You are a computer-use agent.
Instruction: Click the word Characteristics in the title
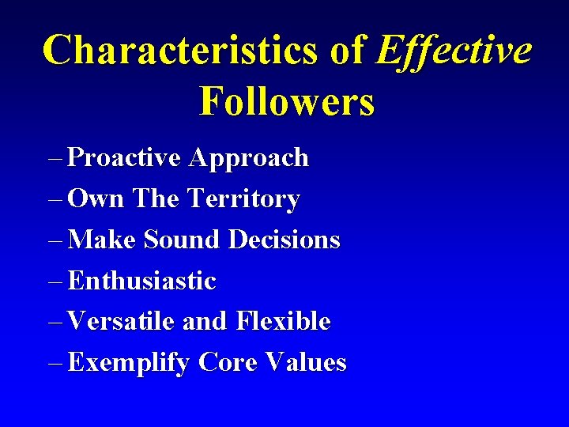coord(181,51)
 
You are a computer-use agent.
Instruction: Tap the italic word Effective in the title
coord(454,51)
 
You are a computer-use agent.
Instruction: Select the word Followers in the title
coord(287,101)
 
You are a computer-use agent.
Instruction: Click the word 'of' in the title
coord(348,51)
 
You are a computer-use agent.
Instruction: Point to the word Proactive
coord(125,157)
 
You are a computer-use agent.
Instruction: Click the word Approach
coord(249,158)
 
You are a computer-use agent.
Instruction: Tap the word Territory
coord(243,199)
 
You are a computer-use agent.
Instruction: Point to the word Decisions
coord(284,240)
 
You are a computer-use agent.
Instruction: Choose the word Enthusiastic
coord(142,281)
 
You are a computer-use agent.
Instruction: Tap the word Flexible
coord(283,322)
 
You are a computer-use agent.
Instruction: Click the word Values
coord(307,363)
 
